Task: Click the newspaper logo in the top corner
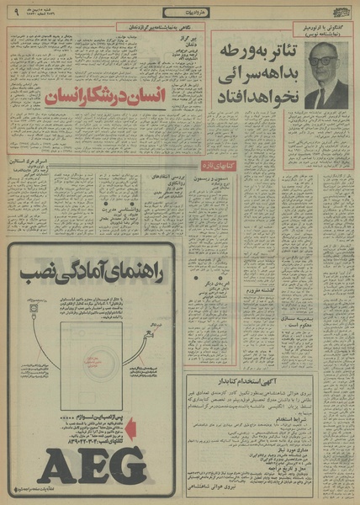point(336,12)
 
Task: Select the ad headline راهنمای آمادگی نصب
point(95,272)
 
